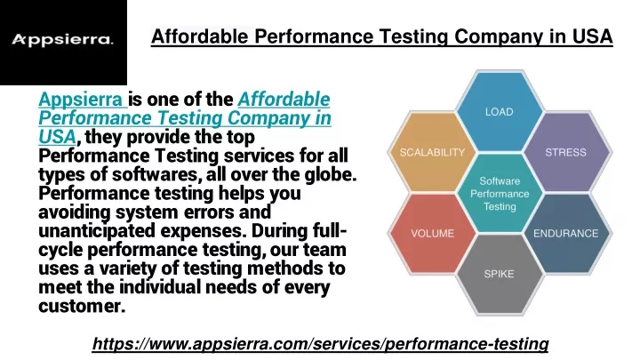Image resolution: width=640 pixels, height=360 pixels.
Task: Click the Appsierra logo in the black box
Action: pos(62,40)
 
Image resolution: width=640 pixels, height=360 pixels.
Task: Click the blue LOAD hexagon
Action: pos(500,111)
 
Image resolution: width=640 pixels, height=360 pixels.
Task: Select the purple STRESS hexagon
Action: pos(566,152)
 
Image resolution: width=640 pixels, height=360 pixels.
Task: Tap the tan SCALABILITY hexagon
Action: pos(432,152)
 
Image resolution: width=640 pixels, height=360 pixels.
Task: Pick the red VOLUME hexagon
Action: pos(432,233)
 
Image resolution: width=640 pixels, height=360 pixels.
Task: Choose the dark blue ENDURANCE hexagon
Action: pos(566,233)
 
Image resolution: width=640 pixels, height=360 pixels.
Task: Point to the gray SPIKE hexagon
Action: pos(500,274)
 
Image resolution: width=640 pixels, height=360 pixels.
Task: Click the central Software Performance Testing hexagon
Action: pos(500,193)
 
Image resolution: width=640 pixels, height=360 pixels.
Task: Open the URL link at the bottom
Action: pos(320,344)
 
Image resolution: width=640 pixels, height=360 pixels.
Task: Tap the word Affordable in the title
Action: pos(200,36)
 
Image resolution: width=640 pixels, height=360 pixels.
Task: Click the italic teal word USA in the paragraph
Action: pos(57,137)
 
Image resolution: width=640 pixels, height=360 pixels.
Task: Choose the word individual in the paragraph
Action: pos(160,287)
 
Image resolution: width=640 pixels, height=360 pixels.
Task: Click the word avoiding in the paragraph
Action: pos(75,212)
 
